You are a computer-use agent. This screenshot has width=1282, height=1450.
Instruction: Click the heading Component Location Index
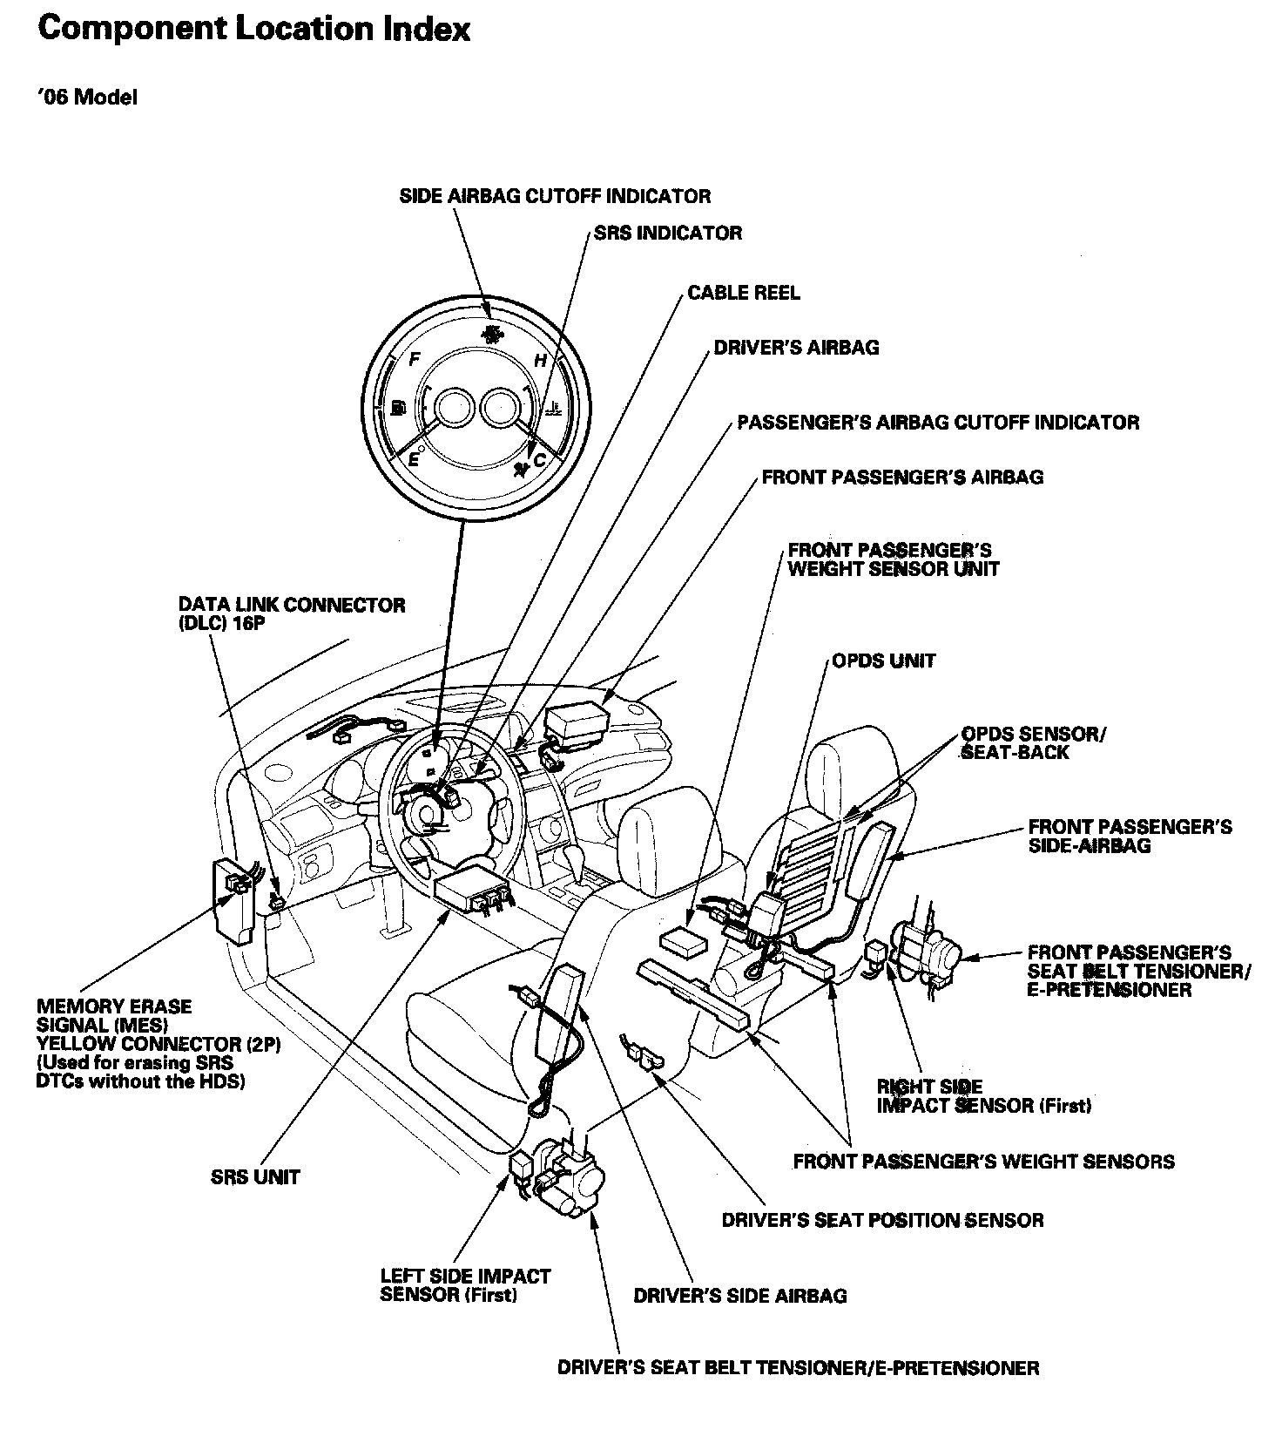pyautogui.click(x=254, y=30)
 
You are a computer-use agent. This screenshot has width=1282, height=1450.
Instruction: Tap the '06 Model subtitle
pyautogui.click(x=87, y=98)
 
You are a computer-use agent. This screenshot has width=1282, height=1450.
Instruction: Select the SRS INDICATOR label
pyautogui.click(x=668, y=233)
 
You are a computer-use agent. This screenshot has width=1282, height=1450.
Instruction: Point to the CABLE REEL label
pyautogui.click(x=743, y=293)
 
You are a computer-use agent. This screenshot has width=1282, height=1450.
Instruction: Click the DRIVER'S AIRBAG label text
pyautogui.click(x=796, y=348)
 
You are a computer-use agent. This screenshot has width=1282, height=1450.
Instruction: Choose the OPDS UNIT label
pyautogui.click(x=883, y=661)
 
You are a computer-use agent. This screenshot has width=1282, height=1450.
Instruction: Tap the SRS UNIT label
pyautogui.click(x=255, y=1177)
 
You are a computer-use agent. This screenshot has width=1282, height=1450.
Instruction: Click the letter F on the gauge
pyautogui.click(x=415, y=359)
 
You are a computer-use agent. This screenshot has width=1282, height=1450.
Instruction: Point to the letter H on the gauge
pyautogui.click(x=540, y=360)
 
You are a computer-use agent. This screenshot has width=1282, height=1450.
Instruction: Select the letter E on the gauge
pyautogui.click(x=414, y=459)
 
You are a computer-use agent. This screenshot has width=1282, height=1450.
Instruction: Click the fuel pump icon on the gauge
pyautogui.click(x=399, y=408)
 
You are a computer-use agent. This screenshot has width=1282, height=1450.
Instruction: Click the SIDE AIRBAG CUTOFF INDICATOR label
pyautogui.click(x=555, y=196)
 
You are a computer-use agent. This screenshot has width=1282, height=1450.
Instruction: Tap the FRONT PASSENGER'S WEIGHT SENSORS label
pyautogui.click(x=983, y=1162)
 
